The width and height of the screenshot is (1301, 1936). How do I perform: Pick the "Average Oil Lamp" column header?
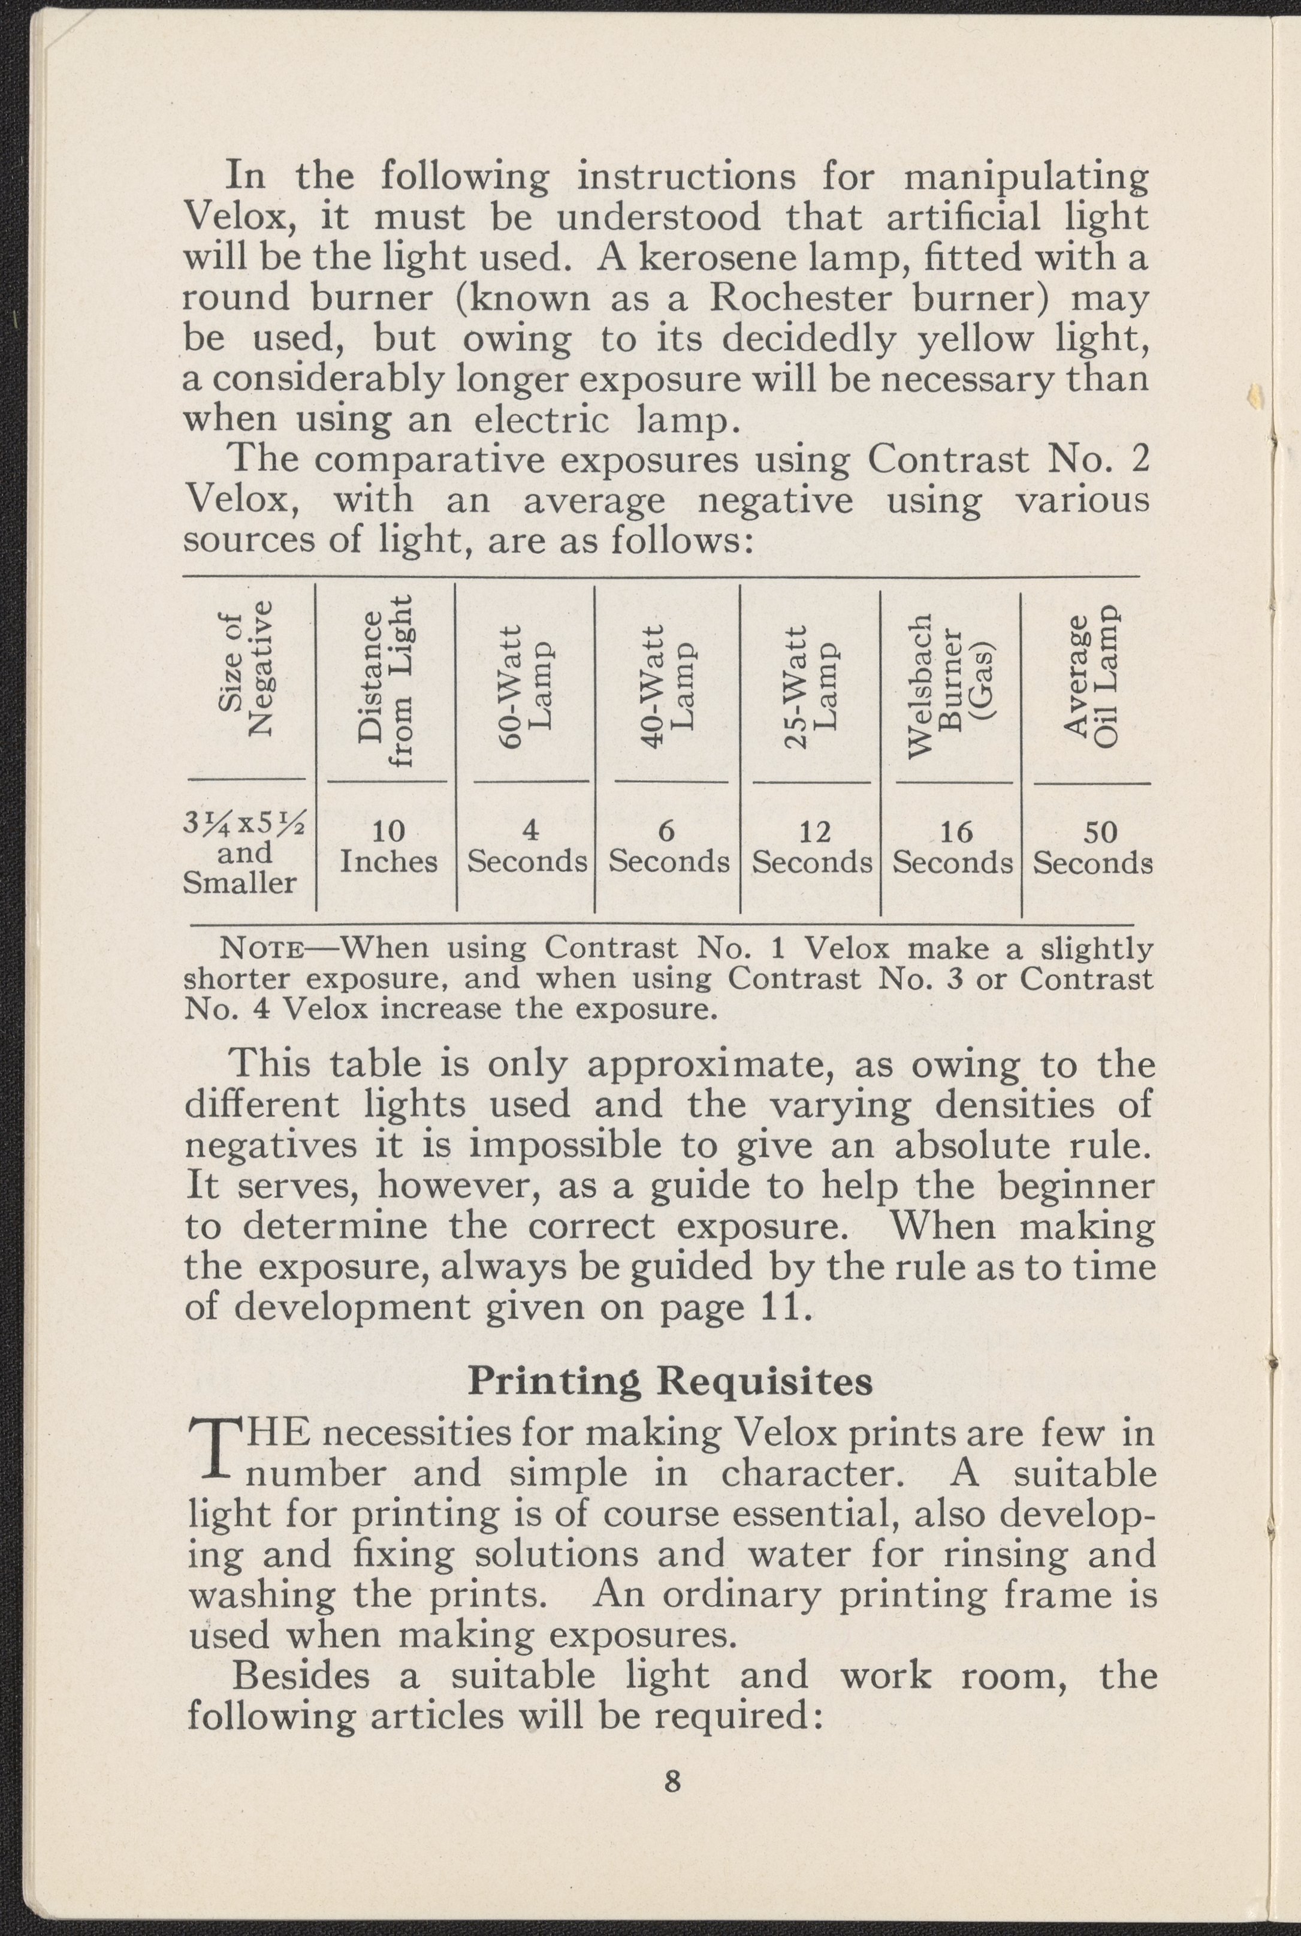(x=1092, y=676)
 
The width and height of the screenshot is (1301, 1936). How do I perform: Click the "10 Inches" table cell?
(x=388, y=846)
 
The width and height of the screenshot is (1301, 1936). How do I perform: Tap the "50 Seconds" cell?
(x=1092, y=848)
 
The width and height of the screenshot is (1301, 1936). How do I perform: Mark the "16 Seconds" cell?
(x=952, y=848)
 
